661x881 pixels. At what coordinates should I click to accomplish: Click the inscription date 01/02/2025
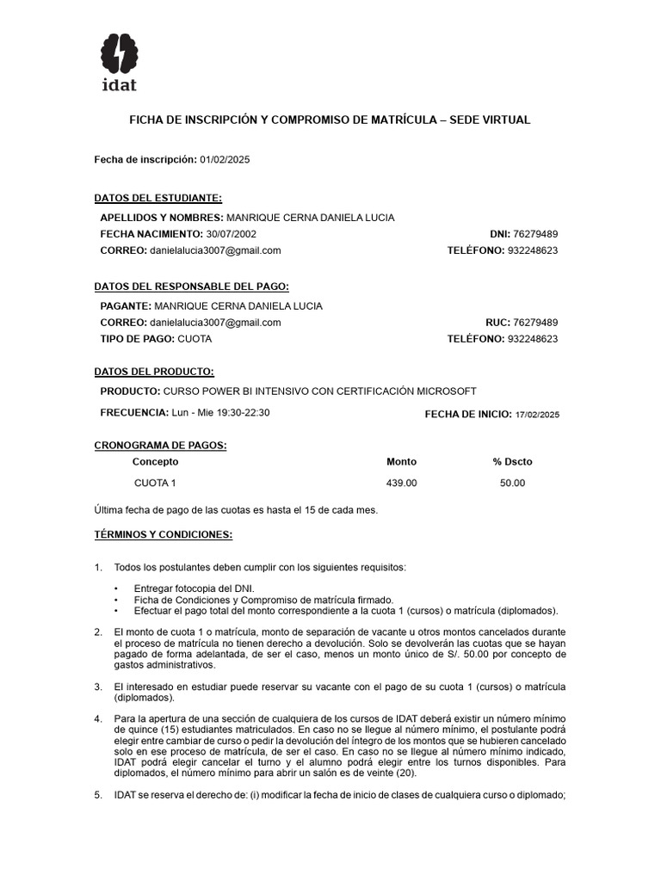[225, 160]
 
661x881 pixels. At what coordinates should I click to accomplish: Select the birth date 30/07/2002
[230, 234]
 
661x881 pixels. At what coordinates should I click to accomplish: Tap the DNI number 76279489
[535, 234]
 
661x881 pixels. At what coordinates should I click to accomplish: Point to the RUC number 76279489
[535, 323]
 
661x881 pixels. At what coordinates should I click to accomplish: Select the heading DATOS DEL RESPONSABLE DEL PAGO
[191, 286]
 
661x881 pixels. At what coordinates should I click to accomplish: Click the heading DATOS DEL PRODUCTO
[154, 372]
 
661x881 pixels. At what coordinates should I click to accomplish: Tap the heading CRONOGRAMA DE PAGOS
[160, 445]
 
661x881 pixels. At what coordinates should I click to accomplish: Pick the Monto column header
[401, 462]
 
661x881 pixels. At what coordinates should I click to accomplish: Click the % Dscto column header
[512, 462]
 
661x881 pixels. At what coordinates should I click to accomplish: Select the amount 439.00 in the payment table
[401, 484]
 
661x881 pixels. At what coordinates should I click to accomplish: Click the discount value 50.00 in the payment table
[512, 484]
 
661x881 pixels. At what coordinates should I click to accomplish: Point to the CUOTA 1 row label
[155, 484]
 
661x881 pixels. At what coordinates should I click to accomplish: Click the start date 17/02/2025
[537, 415]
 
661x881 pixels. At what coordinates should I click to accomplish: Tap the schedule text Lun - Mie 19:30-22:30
[220, 413]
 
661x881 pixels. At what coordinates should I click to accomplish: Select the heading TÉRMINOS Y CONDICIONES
[163, 534]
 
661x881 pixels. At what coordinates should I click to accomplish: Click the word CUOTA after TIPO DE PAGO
[195, 339]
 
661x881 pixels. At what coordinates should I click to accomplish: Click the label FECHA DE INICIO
[467, 415]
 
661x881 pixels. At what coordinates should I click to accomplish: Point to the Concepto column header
[156, 462]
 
